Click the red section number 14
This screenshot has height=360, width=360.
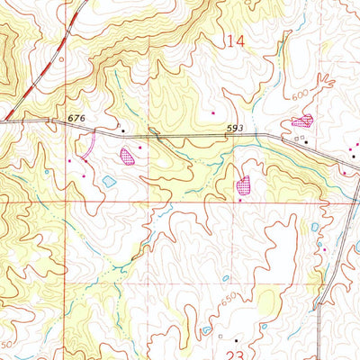[236, 40]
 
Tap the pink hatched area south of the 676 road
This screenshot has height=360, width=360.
[128, 156]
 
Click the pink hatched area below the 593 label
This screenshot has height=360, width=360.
[243, 186]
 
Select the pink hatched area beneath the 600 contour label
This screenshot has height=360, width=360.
[302, 121]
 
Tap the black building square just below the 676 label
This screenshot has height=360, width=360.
[124, 131]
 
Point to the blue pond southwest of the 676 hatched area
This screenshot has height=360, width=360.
[109, 181]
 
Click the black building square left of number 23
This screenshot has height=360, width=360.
[236, 341]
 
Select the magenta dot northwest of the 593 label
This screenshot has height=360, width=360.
[212, 113]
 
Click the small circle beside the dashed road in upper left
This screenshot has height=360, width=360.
[61, 60]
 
